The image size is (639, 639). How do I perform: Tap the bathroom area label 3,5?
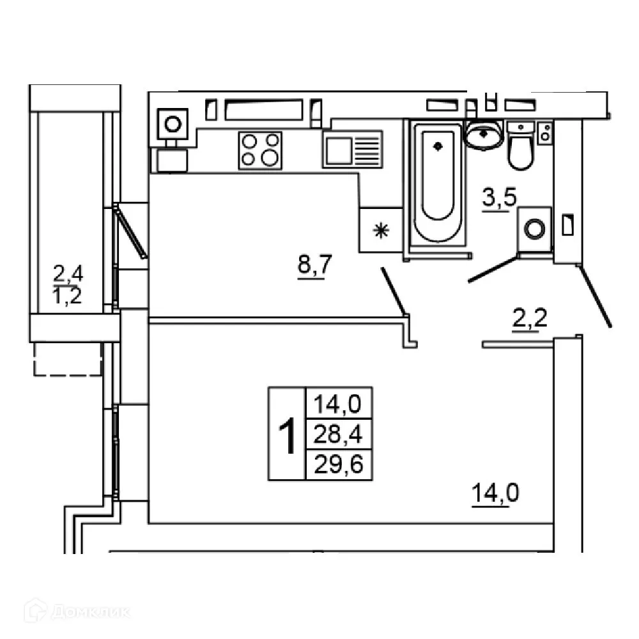coord(498,200)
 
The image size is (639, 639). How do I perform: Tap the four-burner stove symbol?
coord(260,150)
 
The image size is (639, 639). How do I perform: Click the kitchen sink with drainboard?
coord(352,150)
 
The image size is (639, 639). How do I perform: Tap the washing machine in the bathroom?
coord(535,229)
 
